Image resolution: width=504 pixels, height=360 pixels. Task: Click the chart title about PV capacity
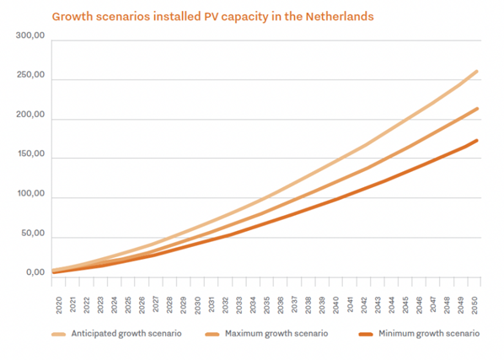[212, 17]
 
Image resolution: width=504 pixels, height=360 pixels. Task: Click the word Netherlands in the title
[340, 16]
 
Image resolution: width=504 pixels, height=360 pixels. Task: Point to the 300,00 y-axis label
[30, 35]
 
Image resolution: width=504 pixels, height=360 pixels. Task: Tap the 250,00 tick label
[30, 75]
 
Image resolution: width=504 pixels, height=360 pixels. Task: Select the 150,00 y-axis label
[30, 154]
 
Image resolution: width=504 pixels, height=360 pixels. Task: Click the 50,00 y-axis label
[33, 234]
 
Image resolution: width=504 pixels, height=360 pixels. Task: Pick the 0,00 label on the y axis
[35, 272]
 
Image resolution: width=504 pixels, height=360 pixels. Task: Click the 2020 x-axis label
[59, 304]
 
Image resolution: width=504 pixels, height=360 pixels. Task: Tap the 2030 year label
[197, 304]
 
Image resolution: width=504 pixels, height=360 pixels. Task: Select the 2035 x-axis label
[267, 304]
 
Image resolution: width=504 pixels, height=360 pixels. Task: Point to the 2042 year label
[364, 304]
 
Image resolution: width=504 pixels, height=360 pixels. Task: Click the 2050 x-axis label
[475, 304]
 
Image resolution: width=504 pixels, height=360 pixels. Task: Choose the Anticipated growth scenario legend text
[126, 334]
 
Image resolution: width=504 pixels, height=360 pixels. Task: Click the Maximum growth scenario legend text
[276, 334]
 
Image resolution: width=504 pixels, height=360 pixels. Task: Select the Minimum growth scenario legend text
[429, 334]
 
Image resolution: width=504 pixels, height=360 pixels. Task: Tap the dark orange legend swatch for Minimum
[366, 335]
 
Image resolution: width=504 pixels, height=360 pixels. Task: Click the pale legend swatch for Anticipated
[58, 335]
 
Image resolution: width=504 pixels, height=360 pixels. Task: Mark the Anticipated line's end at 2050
[477, 72]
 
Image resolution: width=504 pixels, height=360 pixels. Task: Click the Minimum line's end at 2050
[477, 141]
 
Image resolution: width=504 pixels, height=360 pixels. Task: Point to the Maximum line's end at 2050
[477, 109]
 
